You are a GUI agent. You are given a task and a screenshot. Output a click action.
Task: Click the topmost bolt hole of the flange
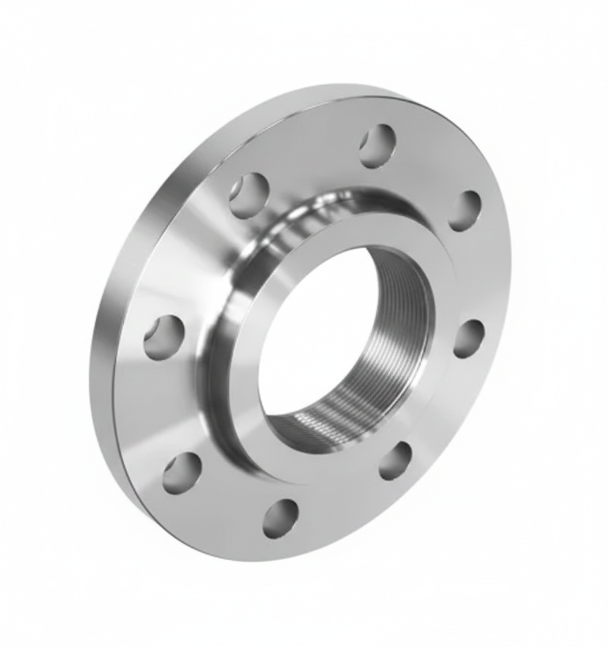click(x=378, y=146)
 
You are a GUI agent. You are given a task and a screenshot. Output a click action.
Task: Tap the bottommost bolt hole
click(x=280, y=518)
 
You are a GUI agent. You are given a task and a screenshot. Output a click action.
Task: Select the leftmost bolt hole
click(x=164, y=337)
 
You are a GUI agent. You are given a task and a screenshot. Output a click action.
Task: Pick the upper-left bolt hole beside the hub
click(x=249, y=195)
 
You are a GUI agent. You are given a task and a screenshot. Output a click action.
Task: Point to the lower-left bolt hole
click(x=181, y=472)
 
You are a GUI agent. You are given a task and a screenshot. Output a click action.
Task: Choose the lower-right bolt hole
click(x=395, y=461)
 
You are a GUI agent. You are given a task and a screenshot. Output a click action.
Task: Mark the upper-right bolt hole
click(x=465, y=211)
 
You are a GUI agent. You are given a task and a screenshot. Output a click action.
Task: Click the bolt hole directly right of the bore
click(x=469, y=338)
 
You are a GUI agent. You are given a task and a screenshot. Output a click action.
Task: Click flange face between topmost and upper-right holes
click(x=429, y=165)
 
